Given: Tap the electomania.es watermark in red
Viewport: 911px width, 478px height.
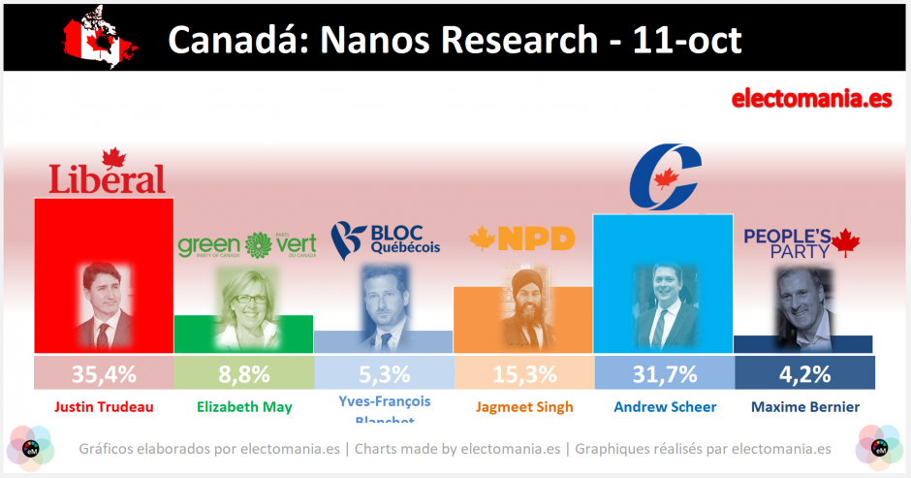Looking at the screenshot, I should pyautogui.click(x=810, y=99).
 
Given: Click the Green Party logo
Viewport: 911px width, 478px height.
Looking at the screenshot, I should pyautogui.click(x=247, y=245).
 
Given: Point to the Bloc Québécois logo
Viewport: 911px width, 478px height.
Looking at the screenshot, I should pyautogui.click(x=385, y=239).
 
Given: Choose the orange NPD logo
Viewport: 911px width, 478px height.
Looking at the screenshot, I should pyautogui.click(x=522, y=239).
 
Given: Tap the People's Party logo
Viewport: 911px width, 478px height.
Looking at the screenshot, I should pyautogui.click(x=801, y=243).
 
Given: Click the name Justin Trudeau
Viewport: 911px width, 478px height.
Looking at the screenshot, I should pyautogui.click(x=103, y=407).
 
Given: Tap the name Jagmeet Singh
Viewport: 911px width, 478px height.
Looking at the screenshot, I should pyautogui.click(x=523, y=407).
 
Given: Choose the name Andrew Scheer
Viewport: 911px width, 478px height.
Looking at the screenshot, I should pyautogui.click(x=664, y=407).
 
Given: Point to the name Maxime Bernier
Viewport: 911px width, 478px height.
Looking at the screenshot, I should pyautogui.click(x=803, y=407).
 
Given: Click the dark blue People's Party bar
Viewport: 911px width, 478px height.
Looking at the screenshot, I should pyautogui.click(x=803, y=344).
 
